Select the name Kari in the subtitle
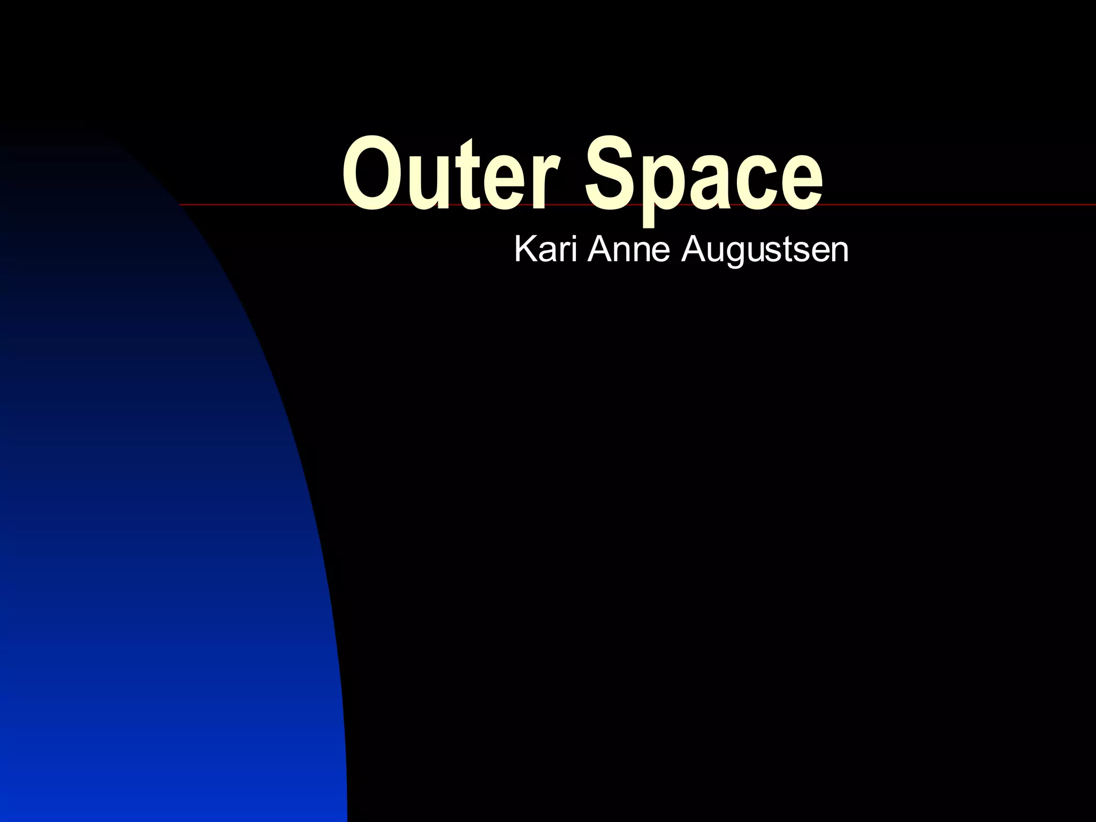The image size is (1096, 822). point(545,249)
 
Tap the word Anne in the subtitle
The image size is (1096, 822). point(629,249)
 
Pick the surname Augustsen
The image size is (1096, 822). point(765,250)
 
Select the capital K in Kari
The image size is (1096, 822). point(525,249)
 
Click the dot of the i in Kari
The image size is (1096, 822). point(574,238)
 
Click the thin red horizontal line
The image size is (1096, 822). point(963,205)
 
